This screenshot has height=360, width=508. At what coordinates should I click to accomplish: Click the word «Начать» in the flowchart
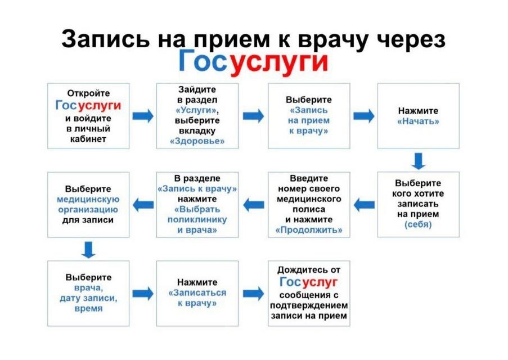(x=418, y=121)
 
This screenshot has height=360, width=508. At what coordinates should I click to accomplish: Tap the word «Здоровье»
(x=197, y=141)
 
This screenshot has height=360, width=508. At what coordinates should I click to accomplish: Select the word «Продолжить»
(x=309, y=230)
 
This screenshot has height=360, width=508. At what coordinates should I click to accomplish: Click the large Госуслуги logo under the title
(x=253, y=61)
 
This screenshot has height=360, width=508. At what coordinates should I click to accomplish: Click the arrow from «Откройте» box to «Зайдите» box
(x=143, y=116)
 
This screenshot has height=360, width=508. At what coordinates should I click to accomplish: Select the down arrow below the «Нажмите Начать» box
(x=418, y=161)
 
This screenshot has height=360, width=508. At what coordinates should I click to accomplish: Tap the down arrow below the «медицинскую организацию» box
(x=88, y=250)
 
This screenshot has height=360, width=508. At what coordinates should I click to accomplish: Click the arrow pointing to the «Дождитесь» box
(x=253, y=294)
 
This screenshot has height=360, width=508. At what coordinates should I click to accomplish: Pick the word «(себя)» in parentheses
(x=418, y=224)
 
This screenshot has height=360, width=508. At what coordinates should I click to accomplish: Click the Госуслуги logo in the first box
(x=88, y=105)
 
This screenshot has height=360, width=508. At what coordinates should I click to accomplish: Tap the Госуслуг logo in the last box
(x=308, y=282)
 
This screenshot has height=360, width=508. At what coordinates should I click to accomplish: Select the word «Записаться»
(x=197, y=293)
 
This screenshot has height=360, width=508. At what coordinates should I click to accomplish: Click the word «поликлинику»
(x=197, y=220)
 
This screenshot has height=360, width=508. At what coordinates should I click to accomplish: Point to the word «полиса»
(x=309, y=209)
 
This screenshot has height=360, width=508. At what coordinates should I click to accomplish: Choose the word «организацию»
(x=88, y=210)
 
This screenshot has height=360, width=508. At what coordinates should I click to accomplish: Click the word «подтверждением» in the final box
(x=309, y=305)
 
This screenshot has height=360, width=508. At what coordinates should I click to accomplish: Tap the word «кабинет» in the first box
(x=88, y=139)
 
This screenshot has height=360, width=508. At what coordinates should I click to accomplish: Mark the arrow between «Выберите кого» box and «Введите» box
(x=364, y=205)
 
